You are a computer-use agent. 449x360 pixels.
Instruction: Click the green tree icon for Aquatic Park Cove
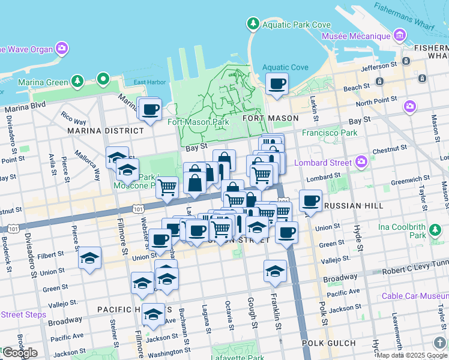coord(253,24)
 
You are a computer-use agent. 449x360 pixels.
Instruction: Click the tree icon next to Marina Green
coord(77,80)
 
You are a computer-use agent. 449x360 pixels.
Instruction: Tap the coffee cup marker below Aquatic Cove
coord(277,84)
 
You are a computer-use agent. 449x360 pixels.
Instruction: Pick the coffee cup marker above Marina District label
coord(149,110)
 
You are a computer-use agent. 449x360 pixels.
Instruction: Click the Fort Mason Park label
coord(198,122)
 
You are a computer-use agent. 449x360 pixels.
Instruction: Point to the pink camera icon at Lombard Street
coord(361,161)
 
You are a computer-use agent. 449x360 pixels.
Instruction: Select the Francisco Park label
coord(330,133)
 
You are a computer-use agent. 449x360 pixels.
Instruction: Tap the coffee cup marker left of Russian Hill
coord(310,201)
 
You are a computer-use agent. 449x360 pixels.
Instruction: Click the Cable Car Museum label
coord(415,296)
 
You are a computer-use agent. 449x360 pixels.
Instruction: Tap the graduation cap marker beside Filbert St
coord(90,258)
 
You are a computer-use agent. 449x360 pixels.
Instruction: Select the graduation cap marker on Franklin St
coord(275,271)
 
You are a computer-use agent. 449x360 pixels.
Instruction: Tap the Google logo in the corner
coord(19,353)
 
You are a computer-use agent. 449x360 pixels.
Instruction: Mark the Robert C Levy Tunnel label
coord(416,271)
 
